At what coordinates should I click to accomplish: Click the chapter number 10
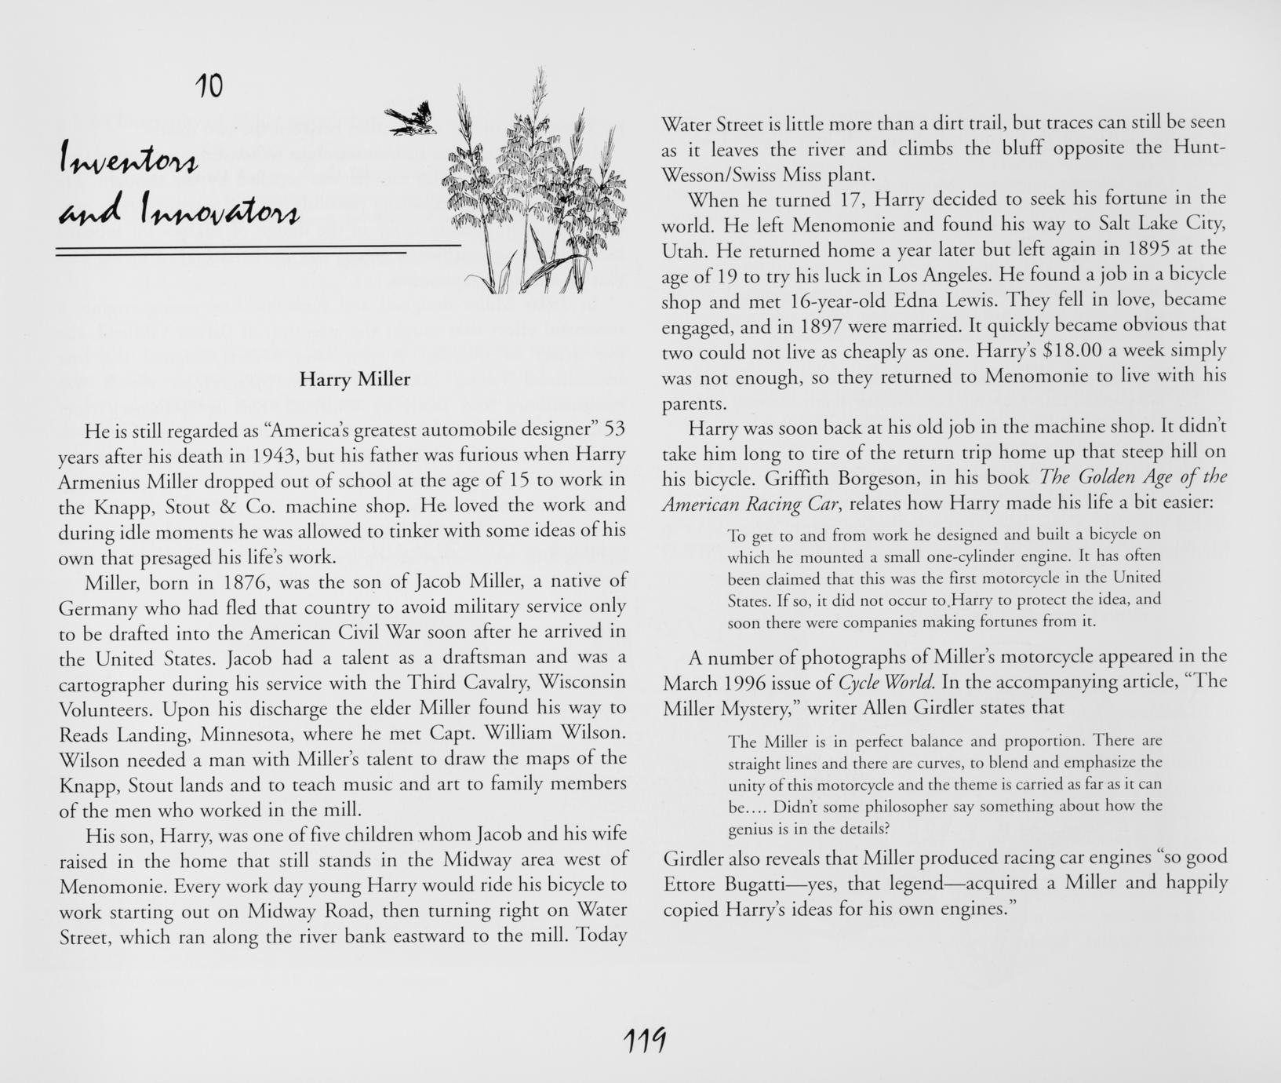point(209,85)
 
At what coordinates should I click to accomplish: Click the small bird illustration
point(413,119)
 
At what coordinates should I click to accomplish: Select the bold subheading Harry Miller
point(355,380)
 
